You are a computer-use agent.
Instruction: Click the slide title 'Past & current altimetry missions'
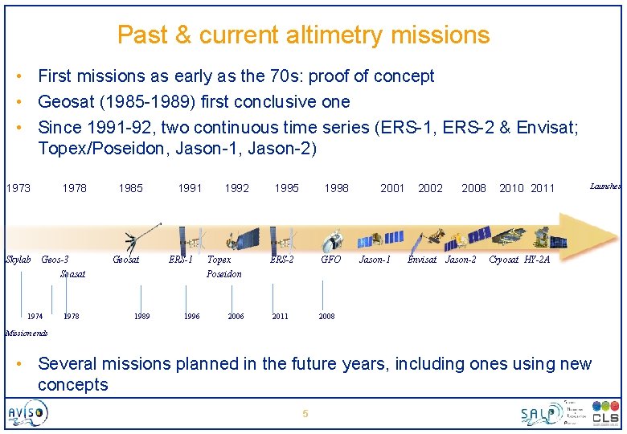[x=303, y=35]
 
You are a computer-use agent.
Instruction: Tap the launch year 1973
[x=18, y=188]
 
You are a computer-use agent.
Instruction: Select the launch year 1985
[x=130, y=188]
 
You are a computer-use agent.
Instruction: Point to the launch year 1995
[x=286, y=188]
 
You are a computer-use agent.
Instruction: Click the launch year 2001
[x=392, y=188]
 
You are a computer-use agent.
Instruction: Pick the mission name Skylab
[x=18, y=260]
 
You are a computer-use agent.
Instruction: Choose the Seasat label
[x=72, y=274]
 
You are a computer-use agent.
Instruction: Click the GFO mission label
[x=330, y=260]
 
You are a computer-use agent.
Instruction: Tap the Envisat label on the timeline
[x=422, y=260]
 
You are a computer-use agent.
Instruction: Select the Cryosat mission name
[x=504, y=260]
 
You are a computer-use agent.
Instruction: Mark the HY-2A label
[x=537, y=260]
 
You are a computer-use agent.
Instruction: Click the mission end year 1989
[x=141, y=317]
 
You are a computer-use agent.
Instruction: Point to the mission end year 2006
[x=236, y=317]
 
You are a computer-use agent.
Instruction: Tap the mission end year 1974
[x=35, y=317]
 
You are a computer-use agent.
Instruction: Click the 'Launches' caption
[x=604, y=186]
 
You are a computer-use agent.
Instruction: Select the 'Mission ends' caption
[x=27, y=333]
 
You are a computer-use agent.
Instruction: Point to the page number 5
[x=305, y=414]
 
